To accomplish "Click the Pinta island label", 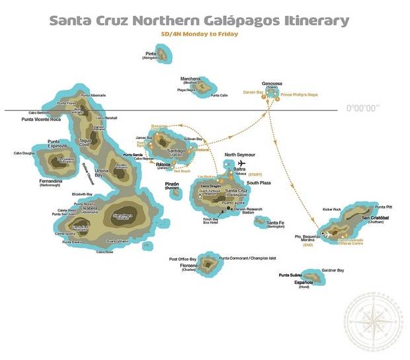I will click(x=151, y=53).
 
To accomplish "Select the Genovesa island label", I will click(x=272, y=83).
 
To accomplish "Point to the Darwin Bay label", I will click(x=254, y=92).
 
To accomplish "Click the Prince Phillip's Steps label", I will click(x=299, y=94).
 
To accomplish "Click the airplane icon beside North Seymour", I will click(x=241, y=163).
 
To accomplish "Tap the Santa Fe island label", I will click(x=275, y=223).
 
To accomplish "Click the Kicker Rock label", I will click(x=332, y=209).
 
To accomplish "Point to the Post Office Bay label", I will click(x=183, y=259).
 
